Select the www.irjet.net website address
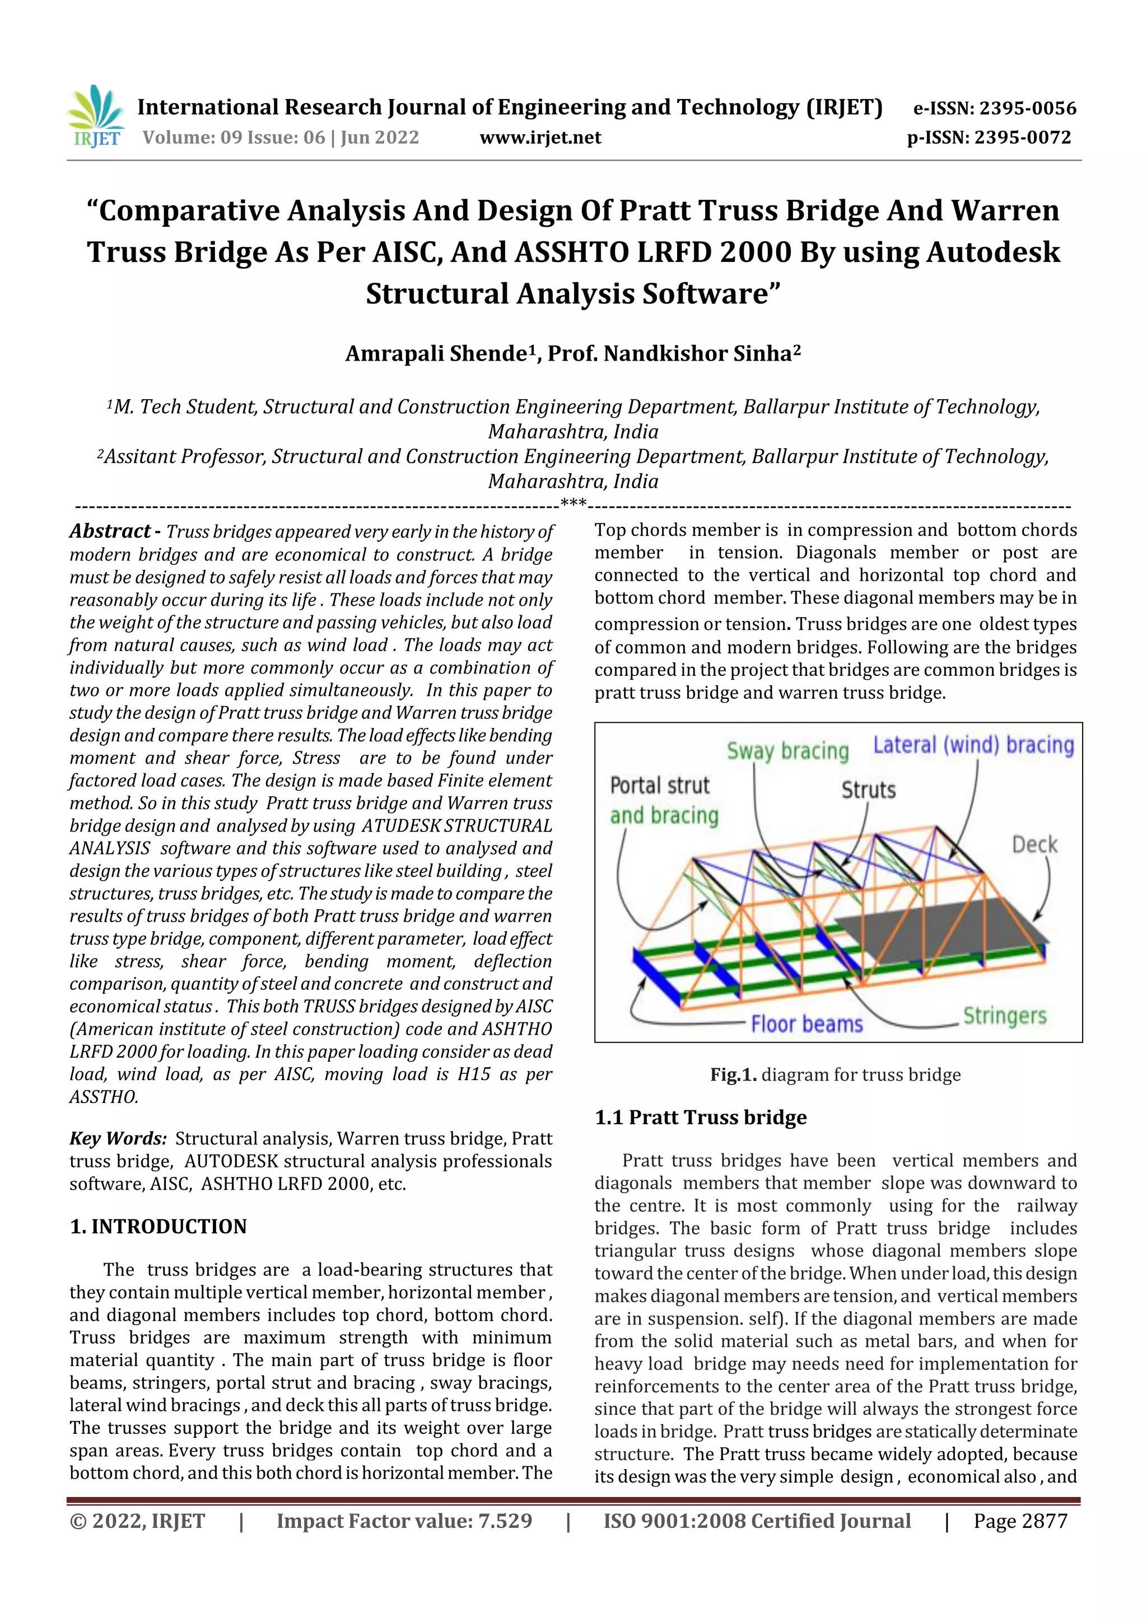click(540, 137)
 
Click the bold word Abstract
click(110, 531)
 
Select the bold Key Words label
click(117, 1138)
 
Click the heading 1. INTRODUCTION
click(158, 1226)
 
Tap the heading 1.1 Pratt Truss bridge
click(701, 1118)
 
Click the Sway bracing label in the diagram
click(787, 751)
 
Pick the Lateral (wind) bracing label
click(973, 745)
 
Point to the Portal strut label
click(659, 786)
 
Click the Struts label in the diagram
click(868, 790)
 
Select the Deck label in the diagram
click(1034, 844)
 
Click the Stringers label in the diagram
click(1004, 1016)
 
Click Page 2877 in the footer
click(1020, 1521)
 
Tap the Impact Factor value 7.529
click(505, 1521)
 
